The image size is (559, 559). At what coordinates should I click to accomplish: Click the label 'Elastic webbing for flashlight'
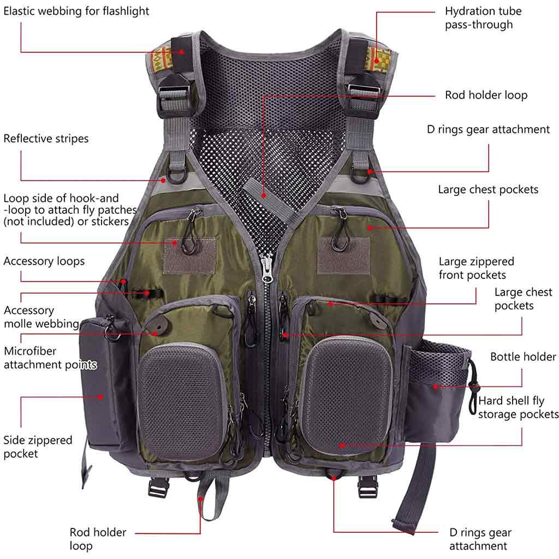pyautogui.click(x=76, y=11)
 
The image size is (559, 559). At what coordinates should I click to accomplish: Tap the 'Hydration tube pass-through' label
pyautogui.click(x=483, y=18)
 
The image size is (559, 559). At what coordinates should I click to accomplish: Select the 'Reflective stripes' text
pyautogui.click(x=46, y=138)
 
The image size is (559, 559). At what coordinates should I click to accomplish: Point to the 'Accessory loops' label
pyautogui.click(x=44, y=261)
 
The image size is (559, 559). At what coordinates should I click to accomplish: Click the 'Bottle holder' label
pyautogui.click(x=523, y=356)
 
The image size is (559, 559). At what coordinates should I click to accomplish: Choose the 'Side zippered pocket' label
pyautogui.click(x=38, y=447)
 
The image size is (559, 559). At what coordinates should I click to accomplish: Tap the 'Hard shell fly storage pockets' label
pyautogui.click(x=518, y=407)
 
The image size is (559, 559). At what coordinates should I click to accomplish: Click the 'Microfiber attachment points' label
pyautogui.click(x=50, y=358)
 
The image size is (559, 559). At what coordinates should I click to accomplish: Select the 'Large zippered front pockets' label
pyautogui.click(x=476, y=268)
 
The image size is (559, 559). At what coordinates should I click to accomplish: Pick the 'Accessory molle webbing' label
pyautogui.click(x=41, y=317)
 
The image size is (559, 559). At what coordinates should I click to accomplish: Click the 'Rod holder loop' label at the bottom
pyautogui.click(x=98, y=539)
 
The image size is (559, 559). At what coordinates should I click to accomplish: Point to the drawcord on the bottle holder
pyautogui.click(x=473, y=387)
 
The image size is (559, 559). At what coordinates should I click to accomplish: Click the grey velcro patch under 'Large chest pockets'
pyautogui.click(x=343, y=255)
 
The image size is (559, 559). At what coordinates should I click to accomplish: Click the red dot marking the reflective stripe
pyautogui.click(x=163, y=180)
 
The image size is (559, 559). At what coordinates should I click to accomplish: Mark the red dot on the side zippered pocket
pyautogui.click(x=101, y=397)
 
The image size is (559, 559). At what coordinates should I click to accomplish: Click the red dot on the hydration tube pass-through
pyautogui.click(x=377, y=61)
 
